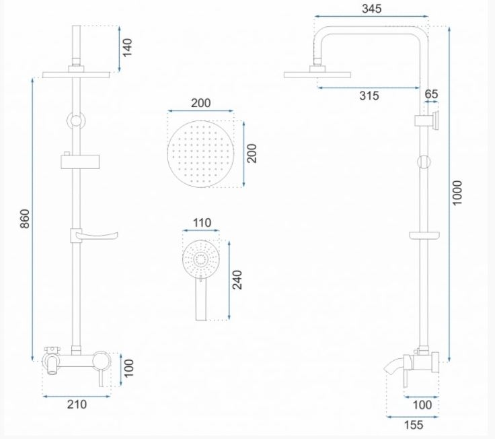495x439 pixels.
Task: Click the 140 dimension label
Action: (x=127, y=48)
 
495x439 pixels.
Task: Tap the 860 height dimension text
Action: (x=25, y=218)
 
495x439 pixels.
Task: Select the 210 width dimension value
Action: (x=77, y=404)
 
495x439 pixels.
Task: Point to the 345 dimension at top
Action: (x=371, y=9)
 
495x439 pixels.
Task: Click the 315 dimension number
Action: (x=369, y=96)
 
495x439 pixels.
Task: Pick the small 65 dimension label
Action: (x=431, y=94)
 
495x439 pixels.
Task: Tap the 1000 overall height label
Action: (x=457, y=193)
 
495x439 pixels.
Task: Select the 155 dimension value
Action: (x=414, y=425)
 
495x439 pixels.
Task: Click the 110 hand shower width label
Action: (x=202, y=223)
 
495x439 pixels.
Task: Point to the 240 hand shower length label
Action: (x=237, y=279)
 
